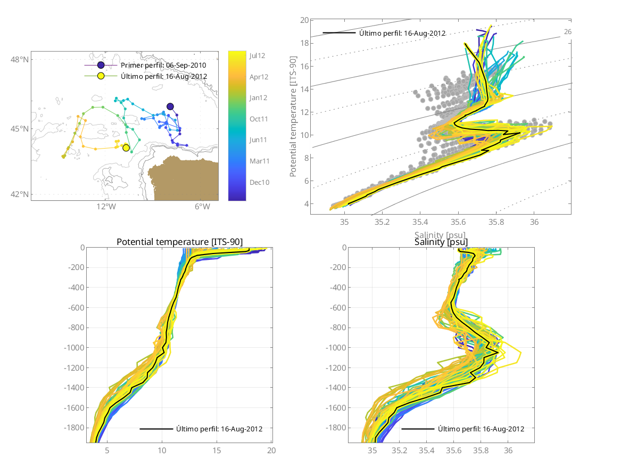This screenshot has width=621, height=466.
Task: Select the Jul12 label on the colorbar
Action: click(258, 55)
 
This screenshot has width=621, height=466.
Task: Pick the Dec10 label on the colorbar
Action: click(259, 182)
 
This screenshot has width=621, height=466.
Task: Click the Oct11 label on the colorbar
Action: click(259, 119)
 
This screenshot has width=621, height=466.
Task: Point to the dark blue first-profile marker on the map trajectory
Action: click(170, 107)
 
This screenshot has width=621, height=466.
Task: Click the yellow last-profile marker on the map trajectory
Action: click(126, 148)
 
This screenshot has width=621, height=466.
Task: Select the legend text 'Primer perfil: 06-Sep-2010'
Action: click(163, 65)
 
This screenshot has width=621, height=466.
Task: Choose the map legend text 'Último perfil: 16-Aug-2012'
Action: click(164, 76)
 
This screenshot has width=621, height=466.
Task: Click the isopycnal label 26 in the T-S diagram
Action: click(568, 32)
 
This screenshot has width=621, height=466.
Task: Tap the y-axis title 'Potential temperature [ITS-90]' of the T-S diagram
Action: click(293, 117)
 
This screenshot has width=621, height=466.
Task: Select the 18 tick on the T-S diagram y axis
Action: click(305, 43)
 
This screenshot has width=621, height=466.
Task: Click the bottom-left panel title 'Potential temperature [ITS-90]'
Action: click(179, 242)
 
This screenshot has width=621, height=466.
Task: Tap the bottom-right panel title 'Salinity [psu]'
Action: click(441, 242)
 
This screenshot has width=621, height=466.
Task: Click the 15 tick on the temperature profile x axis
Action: click(217, 451)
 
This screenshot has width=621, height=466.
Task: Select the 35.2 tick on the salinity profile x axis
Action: click(400, 451)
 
